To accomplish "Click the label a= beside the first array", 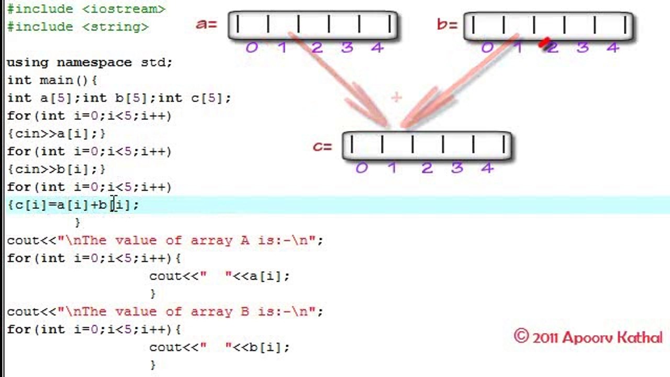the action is [206, 24].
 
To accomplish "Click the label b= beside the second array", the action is [447, 25].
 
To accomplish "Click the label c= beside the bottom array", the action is [322, 146].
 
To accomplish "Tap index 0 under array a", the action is [252, 47].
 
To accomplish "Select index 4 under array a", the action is [377, 47].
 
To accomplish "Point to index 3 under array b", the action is [583, 47].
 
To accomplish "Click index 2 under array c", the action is [427, 168].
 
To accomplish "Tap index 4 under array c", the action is [487, 168].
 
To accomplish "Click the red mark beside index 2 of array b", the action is [544, 42].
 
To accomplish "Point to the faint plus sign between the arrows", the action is [397, 97].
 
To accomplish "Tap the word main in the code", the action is [57, 80].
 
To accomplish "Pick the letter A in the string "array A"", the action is [245, 240].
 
